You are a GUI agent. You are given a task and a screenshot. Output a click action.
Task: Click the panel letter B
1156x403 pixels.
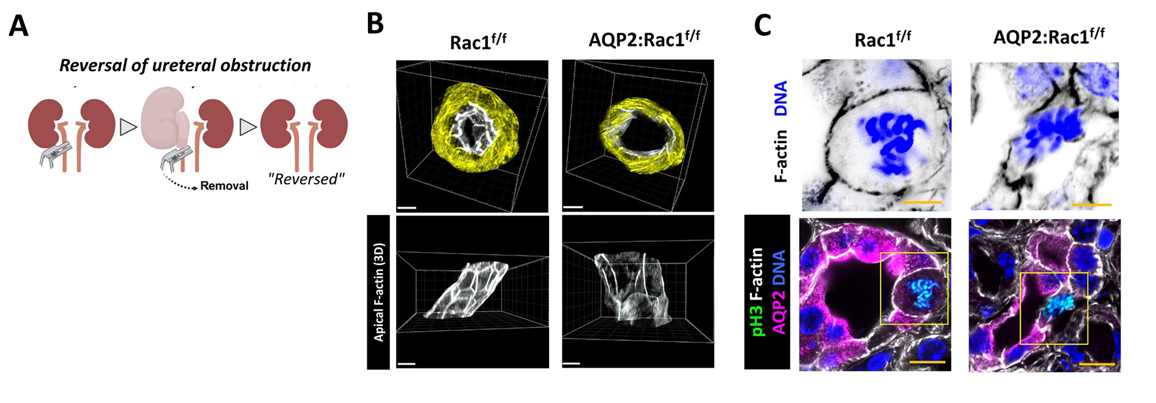tap(375, 24)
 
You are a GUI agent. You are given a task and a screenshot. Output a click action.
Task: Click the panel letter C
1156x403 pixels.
tap(762, 25)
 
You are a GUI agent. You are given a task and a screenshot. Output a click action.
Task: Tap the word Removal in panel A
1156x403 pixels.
tap(224, 186)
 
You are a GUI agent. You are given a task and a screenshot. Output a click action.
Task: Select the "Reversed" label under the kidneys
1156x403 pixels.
tap(305, 180)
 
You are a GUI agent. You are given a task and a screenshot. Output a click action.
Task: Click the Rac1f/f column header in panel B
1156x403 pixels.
tap(477, 42)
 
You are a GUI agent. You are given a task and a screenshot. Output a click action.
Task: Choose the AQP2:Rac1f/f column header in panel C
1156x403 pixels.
tap(1048, 36)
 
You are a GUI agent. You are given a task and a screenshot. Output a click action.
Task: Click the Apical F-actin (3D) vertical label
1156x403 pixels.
tap(379, 292)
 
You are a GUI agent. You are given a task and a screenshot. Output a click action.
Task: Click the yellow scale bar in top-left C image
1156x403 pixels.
tap(922, 203)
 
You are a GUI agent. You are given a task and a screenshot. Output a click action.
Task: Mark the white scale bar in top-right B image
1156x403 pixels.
tap(573, 207)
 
